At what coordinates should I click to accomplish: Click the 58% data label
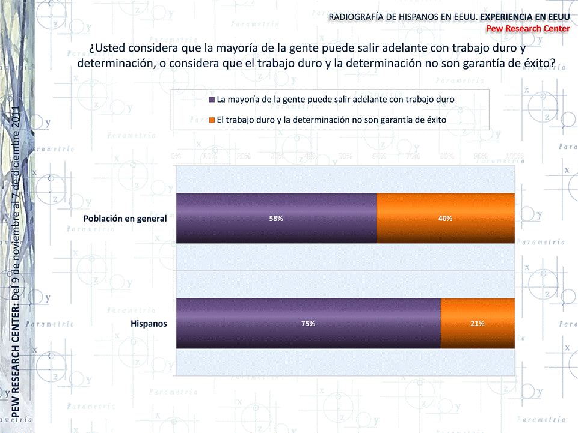pyautogui.click(x=276, y=219)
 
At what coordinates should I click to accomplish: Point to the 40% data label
pyautogui.click(x=445, y=219)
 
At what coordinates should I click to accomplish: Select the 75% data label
pyautogui.click(x=308, y=324)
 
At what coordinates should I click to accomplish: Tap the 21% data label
pyautogui.click(x=478, y=324)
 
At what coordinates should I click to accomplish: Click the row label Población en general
pyautogui.click(x=125, y=219)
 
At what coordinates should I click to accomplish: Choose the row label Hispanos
pyautogui.click(x=149, y=324)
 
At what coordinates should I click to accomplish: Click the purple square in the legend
pyautogui.click(x=212, y=100)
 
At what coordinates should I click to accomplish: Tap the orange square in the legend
pyautogui.click(x=212, y=120)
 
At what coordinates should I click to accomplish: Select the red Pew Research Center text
pyautogui.click(x=527, y=28)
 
